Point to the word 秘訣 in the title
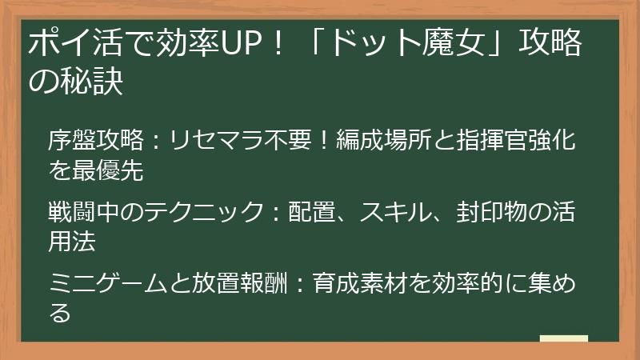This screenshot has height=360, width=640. [x=95, y=82]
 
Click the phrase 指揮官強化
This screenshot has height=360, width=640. [x=519, y=142]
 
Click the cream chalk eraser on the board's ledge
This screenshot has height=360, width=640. [x=564, y=338]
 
